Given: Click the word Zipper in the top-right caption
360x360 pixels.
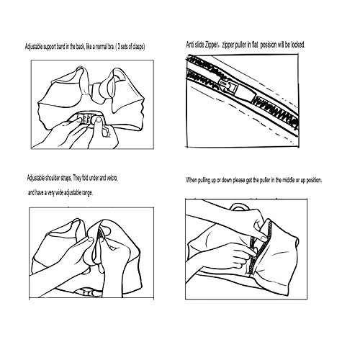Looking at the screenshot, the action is click(212, 45).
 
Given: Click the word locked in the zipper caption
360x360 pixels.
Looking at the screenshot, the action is click(298, 45).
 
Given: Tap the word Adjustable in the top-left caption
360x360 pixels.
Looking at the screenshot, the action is click(34, 47).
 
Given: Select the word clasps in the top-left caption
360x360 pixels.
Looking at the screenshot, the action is click(138, 47).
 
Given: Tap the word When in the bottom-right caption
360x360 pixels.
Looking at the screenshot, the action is click(192, 180).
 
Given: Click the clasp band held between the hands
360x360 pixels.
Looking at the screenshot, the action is click(89, 119).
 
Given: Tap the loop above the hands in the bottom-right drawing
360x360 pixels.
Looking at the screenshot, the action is click(240, 207).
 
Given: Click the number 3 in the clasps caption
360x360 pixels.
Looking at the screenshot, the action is click(119, 47).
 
